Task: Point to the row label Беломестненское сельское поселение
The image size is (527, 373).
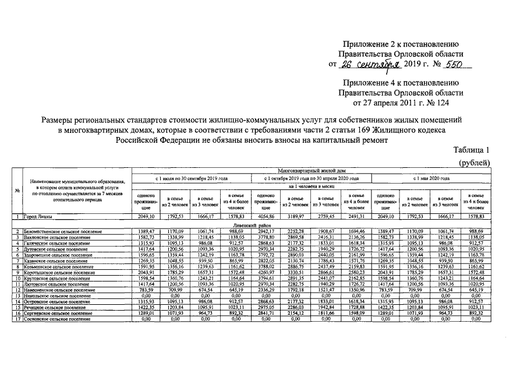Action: [59, 231]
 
